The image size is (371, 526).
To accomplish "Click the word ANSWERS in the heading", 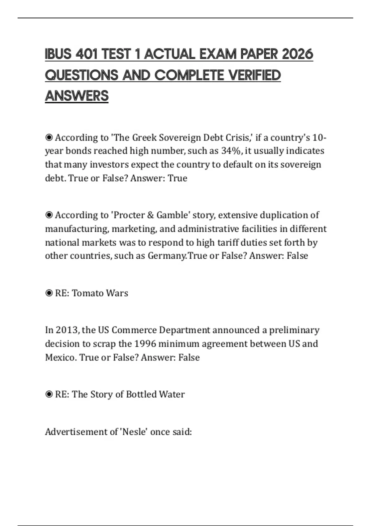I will pos(77,96).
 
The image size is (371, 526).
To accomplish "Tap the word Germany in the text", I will pos(167,256).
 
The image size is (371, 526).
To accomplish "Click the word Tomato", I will pos(84,293).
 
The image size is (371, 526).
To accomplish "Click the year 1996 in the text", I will pos(145,344).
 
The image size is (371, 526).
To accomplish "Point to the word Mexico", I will pos(61,357).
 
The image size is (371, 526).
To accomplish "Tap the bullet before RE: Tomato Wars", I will pos(49,293).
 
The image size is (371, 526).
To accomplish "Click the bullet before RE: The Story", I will pos(49,394).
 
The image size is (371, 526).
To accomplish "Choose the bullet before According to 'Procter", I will pos(49,215).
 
